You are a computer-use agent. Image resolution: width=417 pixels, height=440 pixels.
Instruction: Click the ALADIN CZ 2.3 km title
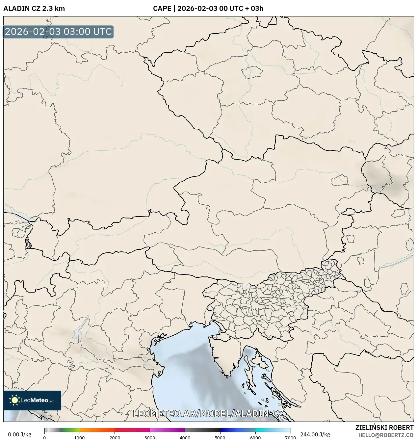pyautogui.click(x=34, y=9)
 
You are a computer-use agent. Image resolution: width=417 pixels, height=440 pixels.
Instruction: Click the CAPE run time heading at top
pyautogui.click(x=208, y=9)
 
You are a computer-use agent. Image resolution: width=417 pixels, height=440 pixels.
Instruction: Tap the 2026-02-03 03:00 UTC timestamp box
pyautogui.click(x=58, y=32)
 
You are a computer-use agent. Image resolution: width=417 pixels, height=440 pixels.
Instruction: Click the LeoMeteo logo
pyautogui.click(x=32, y=400)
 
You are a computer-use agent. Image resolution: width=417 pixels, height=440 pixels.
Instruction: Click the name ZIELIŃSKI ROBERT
pyautogui.click(x=384, y=427)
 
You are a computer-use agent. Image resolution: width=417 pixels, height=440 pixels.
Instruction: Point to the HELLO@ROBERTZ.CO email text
pyautogui.click(x=386, y=435)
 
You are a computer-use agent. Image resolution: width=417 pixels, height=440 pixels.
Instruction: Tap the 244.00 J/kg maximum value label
pyautogui.click(x=315, y=434)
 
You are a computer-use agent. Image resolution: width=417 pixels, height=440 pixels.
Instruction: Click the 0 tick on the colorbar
pyautogui.click(x=44, y=438)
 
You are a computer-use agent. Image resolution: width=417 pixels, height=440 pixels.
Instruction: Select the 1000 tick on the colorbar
pyautogui.click(x=79, y=438)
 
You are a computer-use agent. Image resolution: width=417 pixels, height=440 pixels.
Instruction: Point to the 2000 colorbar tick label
pyautogui.click(x=115, y=438)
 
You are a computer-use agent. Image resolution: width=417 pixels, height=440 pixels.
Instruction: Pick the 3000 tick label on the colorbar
pyautogui.click(x=150, y=438)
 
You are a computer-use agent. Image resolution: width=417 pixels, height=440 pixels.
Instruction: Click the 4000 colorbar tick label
pyautogui.click(x=185, y=438)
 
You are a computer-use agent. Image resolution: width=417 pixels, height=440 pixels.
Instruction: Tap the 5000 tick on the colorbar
pyautogui.click(x=220, y=438)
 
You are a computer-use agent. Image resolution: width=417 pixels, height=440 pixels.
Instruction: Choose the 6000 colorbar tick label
pyautogui.click(x=255, y=438)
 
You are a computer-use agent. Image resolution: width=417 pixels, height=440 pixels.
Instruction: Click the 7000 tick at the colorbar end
pyautogui.click(x=290, y=438)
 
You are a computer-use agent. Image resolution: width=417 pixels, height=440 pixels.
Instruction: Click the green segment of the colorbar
pyautogui.click(x=71, y=430)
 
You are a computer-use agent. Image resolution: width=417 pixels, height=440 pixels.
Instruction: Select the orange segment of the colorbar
pyautogui.click(x=97, y=430)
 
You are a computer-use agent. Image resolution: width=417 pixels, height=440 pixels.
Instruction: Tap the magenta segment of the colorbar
pyautogui.click(x=167, y=430)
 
